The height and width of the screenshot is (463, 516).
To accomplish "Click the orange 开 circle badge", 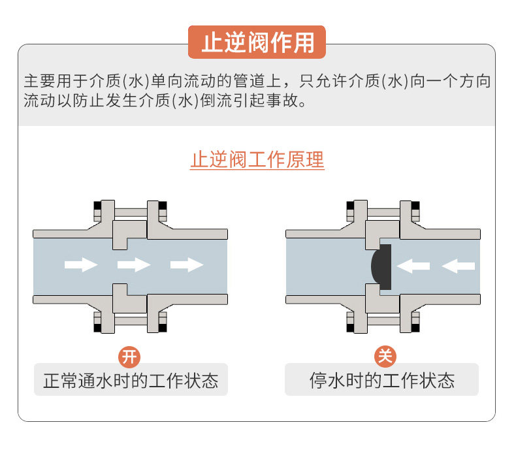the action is click(x=129, y=357).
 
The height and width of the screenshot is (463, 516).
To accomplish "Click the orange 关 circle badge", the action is click(x=385, y=357).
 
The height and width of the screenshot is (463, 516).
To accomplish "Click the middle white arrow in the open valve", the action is click(x=134, y=264).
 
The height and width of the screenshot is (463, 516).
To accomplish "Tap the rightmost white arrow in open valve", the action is click(x=187, y=264).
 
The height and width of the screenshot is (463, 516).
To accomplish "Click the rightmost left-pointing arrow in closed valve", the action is click(x=459, y=265).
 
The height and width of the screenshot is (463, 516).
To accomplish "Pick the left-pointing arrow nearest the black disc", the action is click(x=413, y=265).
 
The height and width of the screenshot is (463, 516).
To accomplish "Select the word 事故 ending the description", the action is click(x=289, y=102).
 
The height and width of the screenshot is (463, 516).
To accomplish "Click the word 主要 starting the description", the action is click(x=39, y=82).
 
